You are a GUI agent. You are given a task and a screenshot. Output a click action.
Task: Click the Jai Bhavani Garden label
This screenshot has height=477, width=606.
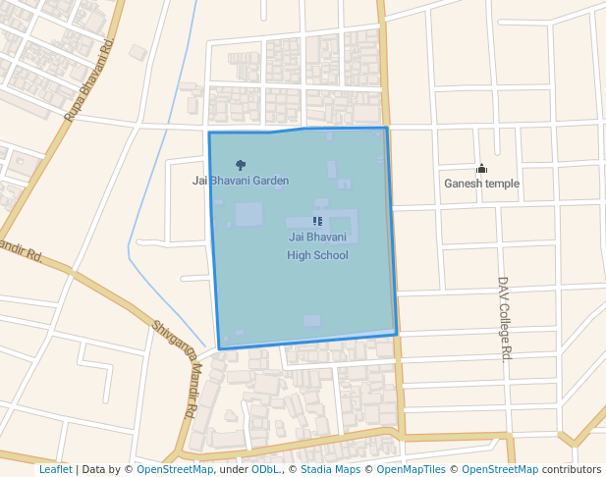point(241,181)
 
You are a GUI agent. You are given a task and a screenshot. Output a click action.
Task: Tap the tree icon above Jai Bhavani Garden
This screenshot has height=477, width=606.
point(241,165)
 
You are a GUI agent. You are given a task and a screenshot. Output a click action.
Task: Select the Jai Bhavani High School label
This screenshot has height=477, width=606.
point(317,246)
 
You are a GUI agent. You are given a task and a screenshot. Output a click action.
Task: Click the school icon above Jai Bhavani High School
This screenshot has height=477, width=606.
point(317,222)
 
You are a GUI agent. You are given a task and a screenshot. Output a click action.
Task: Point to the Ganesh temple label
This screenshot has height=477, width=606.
point(481,184)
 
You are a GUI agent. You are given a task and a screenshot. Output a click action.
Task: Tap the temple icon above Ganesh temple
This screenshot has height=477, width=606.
point(481,168)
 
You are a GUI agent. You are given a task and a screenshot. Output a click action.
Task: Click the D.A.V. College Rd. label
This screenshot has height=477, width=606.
point(505,318)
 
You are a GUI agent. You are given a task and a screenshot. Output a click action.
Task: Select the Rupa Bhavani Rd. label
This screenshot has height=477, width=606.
point(90,81)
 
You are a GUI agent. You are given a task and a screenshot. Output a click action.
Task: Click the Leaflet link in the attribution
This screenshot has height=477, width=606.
point(55,470)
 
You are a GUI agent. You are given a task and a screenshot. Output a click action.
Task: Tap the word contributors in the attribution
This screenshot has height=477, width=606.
point(572,470)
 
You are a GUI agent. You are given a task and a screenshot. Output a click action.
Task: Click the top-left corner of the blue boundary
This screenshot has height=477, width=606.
point(209,132)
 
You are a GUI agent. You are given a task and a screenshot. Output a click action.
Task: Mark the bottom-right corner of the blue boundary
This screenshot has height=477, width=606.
point(397,335)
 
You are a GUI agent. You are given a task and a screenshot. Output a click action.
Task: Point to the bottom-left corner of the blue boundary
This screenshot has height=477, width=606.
point(219,348)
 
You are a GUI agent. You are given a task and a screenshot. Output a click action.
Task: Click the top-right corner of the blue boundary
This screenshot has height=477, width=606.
point(387,128)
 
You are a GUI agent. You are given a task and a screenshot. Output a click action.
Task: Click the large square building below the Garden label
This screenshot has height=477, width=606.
point(248,214)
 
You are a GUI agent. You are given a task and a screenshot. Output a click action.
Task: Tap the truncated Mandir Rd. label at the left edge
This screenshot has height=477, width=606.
point(20,252)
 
